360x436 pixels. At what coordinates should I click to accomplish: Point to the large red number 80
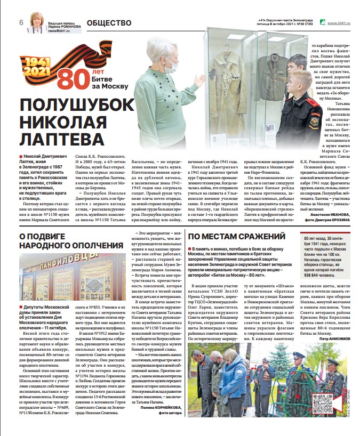point(70,79)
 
